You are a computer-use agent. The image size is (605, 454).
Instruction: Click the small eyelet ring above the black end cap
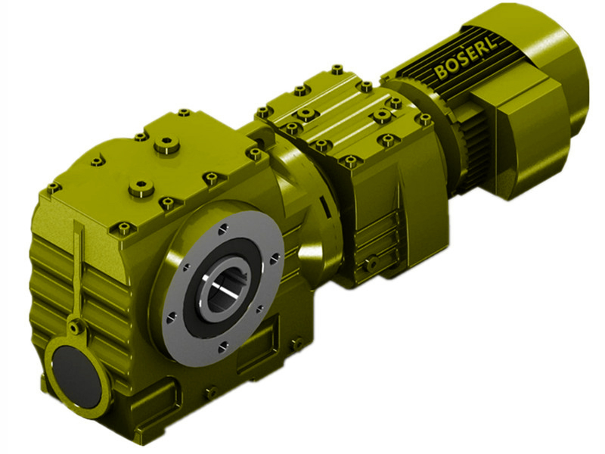pyautogui.click(x=74, y=327)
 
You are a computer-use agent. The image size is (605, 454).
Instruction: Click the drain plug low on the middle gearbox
pyautogui.click(x=371, y=263)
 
